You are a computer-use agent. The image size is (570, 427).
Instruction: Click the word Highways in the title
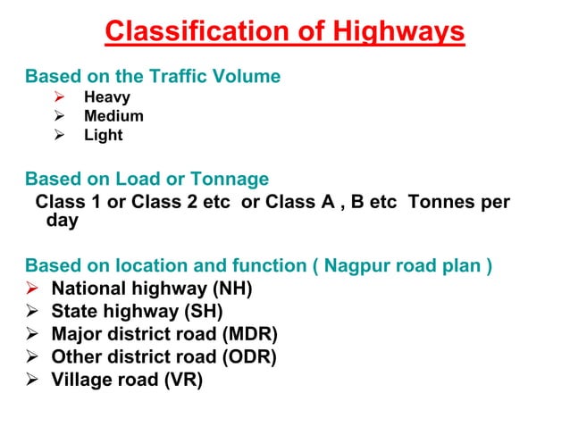[x=399, y=32]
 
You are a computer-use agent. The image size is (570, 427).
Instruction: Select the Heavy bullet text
[x=107, y=97]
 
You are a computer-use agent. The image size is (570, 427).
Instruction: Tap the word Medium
[x=113, y=116]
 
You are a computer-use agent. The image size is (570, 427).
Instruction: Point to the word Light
[x=104, y=136]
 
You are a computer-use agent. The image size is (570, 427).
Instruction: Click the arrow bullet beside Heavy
[x=59, y=97]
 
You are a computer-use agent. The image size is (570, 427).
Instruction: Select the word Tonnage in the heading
[x=235, y=179]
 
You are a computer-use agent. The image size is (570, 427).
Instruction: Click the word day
[x=62, y=220]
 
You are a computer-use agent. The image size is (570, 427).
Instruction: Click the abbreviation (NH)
[x=232, y=289]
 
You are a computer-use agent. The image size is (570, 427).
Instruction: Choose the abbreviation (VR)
[x=183, y=380]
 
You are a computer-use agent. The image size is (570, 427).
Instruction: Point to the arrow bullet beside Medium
[x=59, y=116]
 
